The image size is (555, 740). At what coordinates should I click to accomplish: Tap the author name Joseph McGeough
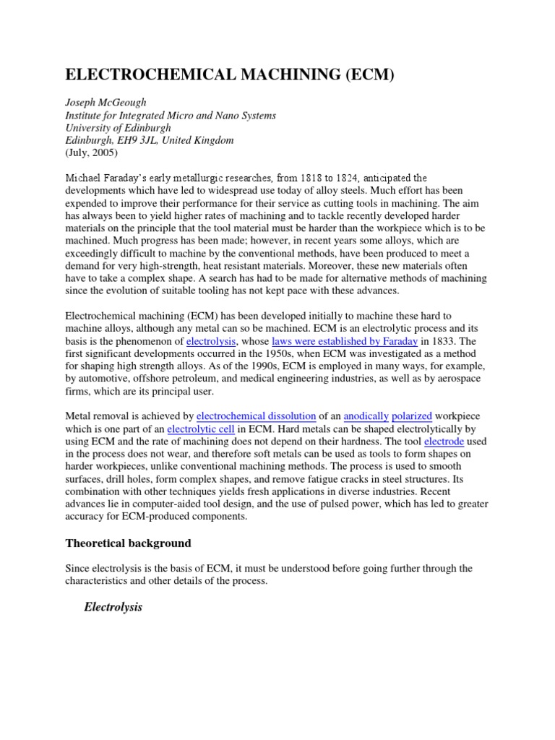106,103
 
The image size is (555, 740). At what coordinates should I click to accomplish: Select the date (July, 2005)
92,152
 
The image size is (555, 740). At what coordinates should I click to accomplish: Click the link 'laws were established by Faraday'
344,340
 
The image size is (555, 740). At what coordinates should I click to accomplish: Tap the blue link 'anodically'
366,416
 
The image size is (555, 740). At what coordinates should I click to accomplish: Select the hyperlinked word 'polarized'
412,416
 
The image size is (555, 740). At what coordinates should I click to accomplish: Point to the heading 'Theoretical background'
129,543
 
